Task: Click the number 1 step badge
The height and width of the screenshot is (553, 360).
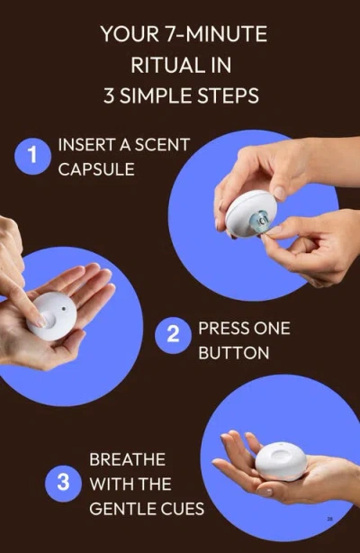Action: point(32,156)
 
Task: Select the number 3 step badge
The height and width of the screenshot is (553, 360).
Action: point(63,482)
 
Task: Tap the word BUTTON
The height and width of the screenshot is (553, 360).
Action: point(233,352)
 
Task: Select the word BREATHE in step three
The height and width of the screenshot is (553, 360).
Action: point(127,459)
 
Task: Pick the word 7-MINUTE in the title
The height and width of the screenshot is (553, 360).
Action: point(220,35)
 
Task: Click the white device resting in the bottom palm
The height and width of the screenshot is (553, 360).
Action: point(283,460)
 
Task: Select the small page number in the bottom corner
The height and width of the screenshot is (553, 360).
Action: point(330,519)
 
